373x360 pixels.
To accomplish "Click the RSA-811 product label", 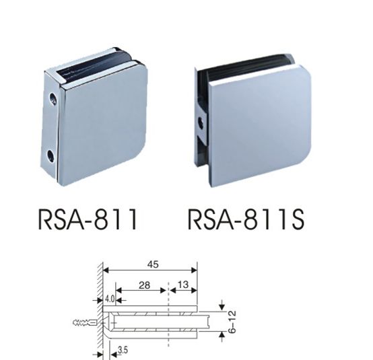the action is click(88, 219).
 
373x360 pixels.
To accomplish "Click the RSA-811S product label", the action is click(246, 219).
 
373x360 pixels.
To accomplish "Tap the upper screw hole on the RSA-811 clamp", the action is click(53, 98).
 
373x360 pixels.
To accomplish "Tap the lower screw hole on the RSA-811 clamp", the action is click(50, 155).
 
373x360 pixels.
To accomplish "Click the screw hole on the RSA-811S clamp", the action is click(203, 122).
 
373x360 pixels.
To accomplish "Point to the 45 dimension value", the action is click(153, 264).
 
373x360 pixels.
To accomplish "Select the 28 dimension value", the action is click(144, 285).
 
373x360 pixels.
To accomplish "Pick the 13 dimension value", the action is click(183, 285).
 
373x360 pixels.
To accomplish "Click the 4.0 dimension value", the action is click(110, 299).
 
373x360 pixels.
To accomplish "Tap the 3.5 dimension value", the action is click(123, 351).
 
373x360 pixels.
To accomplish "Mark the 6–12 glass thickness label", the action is click(232, 322).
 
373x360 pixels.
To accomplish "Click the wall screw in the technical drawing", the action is click(84, 323).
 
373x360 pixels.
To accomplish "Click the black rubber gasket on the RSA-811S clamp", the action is click(245, 63).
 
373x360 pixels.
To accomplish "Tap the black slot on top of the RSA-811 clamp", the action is click(96, 65).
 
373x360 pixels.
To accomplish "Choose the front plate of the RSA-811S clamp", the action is click(260, 125).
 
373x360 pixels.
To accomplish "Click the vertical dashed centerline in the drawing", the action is click(168, 314).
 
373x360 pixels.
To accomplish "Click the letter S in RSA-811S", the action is click(297, 219).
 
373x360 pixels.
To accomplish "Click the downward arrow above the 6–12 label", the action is click(222, 305).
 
